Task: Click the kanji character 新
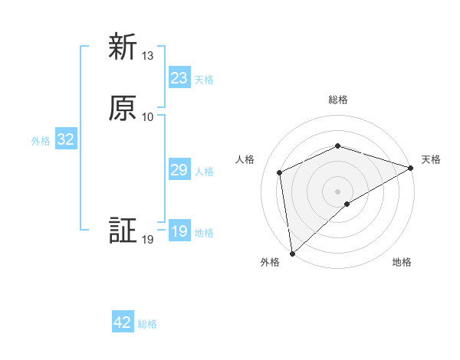pos(123,47)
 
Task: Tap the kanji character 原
pos(123,107)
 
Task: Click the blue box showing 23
pos(179,78)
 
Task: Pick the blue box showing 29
pos(179,170)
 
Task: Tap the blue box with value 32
pos(65,139)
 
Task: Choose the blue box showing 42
pos(123,322)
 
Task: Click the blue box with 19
pos(179,231)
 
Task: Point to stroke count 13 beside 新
pos(148,56)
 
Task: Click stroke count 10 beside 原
pos(148,116)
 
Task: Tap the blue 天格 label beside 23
pos(204,80)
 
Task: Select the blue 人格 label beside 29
pos(204,172)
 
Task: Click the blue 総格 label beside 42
pos(147,324)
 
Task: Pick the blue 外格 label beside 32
pos(41,141)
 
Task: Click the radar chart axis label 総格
pos(338,100)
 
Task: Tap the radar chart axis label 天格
pos(431,159)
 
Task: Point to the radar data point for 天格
pos(411,168)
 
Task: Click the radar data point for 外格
pos(292,253)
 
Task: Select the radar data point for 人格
pos(280,172)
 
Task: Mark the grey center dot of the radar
pos(337,191)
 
